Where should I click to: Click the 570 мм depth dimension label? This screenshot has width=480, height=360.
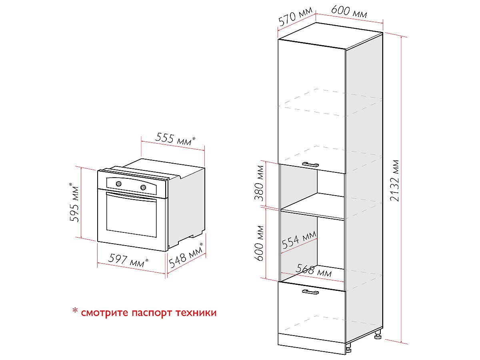pyautogui.click(x=295, y=18)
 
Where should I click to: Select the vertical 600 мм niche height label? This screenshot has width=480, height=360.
pyautogui.click(x=260, y=243)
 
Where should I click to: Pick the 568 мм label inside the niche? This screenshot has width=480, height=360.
pyautogui.click(x=314, y=271)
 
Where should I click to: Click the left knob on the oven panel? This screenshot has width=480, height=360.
pyautogui.click(x=118, y=184)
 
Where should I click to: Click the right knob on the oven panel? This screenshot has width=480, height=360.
pyautogui.click(x=143, y=188)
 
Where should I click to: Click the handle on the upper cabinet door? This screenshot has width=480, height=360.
pyautogui.click(x=310, y=164)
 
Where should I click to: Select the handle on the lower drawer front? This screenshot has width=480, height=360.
pyautogui.click(x=310, y=292)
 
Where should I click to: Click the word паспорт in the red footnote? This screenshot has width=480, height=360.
pyautogui.click(x=152, y=312)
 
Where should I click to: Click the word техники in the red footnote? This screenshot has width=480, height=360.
pyautogui.click(x=196, y=312)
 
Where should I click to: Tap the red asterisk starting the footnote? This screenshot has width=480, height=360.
pyautogui.click(x=75, y=311)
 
